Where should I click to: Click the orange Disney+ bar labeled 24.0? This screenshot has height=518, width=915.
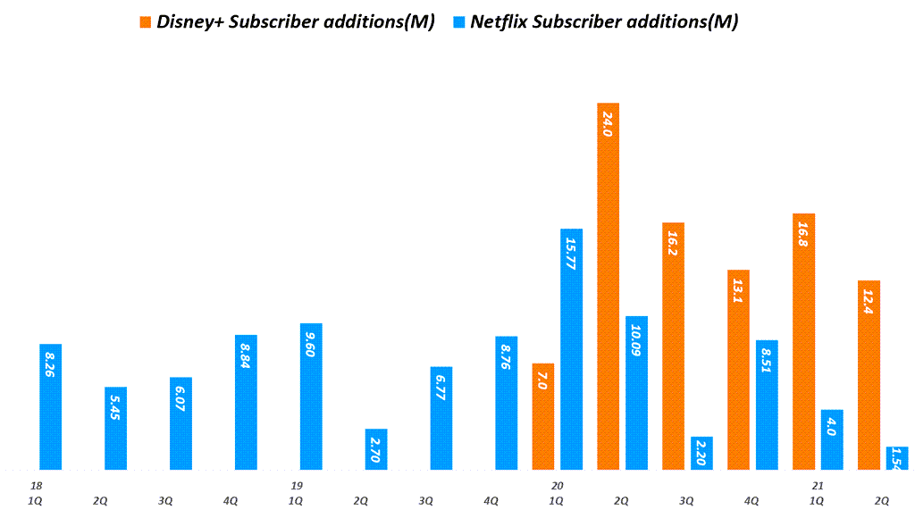click(608, 286)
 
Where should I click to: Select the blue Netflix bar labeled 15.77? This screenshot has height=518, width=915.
click(572, 348)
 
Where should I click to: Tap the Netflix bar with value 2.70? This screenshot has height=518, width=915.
click(376, 449)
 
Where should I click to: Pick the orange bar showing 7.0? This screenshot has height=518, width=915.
click(543, 416)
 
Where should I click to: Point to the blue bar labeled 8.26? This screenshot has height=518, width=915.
click(51, 406)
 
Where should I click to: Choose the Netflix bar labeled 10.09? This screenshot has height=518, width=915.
click(637, 393)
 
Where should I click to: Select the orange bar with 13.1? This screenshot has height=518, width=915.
click(738, 369)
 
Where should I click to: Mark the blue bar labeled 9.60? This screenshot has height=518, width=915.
click(311, 396)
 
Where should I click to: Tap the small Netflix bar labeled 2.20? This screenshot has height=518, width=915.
click(702, 453)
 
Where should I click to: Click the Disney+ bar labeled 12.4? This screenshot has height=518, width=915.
click(869, 375)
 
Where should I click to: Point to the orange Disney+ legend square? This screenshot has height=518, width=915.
click(146, 21)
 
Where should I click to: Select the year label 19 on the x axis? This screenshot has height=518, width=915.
click(297, 486)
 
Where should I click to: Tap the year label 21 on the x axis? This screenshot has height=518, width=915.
click(817, 486)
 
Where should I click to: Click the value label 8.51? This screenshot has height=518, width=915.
click(767, 363)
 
